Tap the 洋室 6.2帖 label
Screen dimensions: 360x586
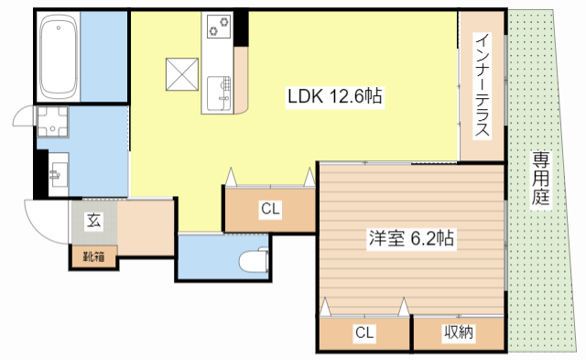pos(408,238)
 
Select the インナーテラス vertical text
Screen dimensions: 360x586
pos(482,84)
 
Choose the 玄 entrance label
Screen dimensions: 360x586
pos(93,220)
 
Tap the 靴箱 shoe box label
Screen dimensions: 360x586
pos(93,256)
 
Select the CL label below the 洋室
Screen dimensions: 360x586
pos(364,333)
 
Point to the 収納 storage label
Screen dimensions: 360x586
pos(459,333)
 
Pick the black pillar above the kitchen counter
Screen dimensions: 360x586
pos(241,27)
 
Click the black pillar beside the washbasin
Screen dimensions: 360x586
pos(38,172)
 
